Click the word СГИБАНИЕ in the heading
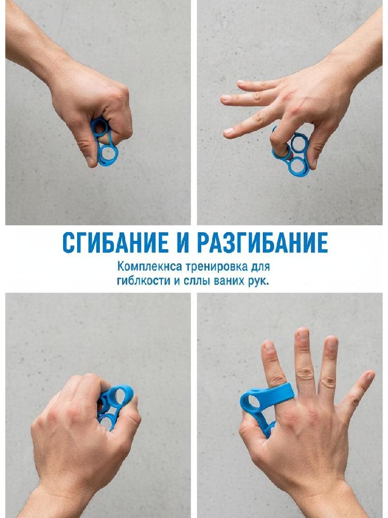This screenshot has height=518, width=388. [x=115, y=243]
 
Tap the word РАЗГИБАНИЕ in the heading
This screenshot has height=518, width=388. [x=262, y=243]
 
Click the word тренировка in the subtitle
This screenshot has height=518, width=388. [x=212, y=266]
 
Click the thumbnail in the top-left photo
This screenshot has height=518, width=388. [x=89, y=161]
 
